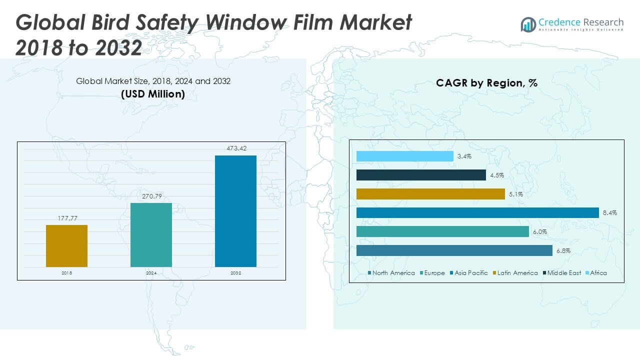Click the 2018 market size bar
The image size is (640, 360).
(x=66, y=245)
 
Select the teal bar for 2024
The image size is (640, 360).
(x=151, y=234)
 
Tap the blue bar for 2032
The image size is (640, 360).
(x=235, y=211)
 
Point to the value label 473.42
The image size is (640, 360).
(x=235, y=148)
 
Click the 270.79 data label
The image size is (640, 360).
(x=151, y=196)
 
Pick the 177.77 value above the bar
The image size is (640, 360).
(x=66, y=218)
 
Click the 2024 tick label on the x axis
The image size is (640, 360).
(x=151, y=273)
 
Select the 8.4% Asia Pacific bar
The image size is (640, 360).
(x=477, y=213)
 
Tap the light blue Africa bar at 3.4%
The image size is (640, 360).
(x=405, y=156)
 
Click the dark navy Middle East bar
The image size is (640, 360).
(x=421, y=175)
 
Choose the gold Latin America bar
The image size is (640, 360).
(x=430, y=194)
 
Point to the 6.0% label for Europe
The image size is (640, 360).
(x=539, y=232)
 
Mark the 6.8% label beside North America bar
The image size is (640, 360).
(x=563, y=250)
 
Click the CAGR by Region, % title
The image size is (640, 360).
(x=486, y=83)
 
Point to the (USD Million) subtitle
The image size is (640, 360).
(x=153, y=93)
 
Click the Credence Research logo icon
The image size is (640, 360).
(x=528, y=24)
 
